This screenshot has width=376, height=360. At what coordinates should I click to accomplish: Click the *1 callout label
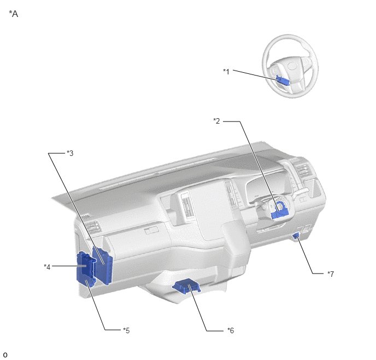(x=226, y=72)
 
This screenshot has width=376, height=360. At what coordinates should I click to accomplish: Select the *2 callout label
(x=216, y=121)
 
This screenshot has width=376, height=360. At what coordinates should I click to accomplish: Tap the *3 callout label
(x=70, y=153)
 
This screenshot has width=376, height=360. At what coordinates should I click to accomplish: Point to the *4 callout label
(x=47, y=267)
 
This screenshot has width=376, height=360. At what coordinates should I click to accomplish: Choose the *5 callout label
(x=126, y=330)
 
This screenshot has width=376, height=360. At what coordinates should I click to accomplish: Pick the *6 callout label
(x=231, y=330)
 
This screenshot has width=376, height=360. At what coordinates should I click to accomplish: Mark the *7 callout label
(x=331, y=274)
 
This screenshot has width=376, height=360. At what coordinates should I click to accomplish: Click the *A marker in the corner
(x=14, y=14)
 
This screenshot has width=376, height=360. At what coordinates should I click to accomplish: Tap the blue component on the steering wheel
(x=283, y=80)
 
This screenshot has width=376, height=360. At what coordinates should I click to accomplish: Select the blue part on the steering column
(x=280, y=211)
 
